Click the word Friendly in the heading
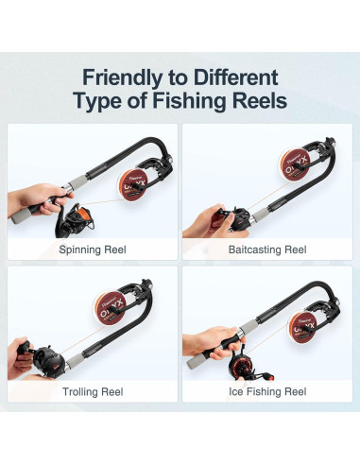click(128, 77)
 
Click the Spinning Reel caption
click(92, 250)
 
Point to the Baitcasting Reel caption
click(267, 250)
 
